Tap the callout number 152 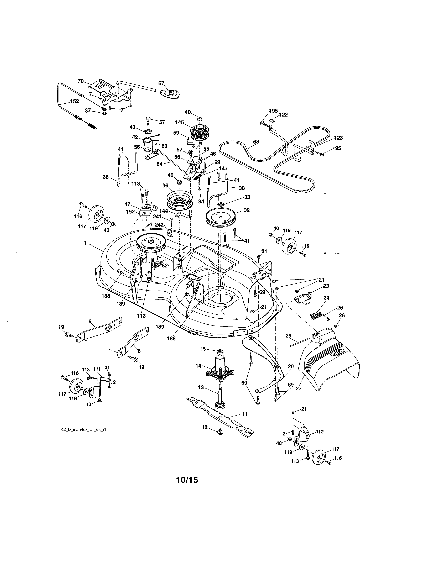(x=74, y=101)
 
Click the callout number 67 (x=161, y=83)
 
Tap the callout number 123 (x=338, y=138)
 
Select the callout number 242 (x=159, y=224)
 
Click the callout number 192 (x=130, y=212)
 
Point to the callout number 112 (x=320, y=432)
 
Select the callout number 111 (x=97, y=369)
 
